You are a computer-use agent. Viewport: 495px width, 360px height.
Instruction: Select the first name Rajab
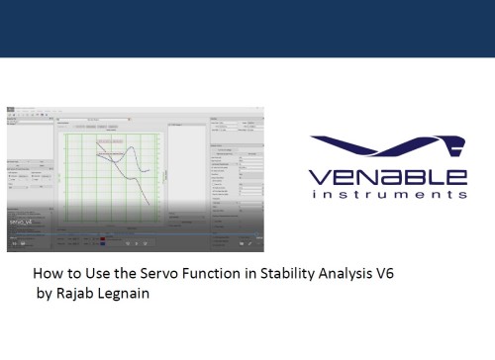click(75, 294)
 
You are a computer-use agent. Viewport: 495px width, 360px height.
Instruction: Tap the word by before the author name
click(43, 294)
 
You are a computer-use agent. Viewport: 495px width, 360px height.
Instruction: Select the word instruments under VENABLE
click(388, 196)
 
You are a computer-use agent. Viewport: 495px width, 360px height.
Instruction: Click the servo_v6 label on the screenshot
click(22, 222)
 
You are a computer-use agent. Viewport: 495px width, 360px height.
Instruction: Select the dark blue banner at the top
click(247, 27)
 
